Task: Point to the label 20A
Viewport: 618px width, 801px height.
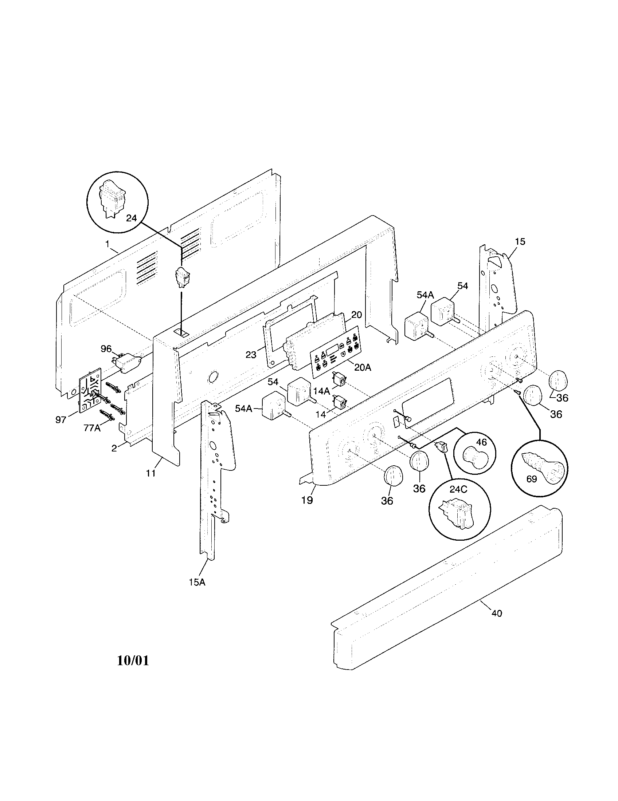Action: (x=363, y=367)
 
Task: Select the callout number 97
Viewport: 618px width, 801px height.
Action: (x=61, y=419)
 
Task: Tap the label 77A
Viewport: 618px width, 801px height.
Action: (x=92, y=428)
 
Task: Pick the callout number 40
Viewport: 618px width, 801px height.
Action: (x=497, y=613)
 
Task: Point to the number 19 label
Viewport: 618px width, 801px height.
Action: (x=307, y=500)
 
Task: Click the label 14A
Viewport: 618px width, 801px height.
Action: (x=322, y=391)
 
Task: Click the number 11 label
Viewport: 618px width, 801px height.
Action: (x=151, y=473)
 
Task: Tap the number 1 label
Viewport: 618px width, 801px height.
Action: (x=107, y=243)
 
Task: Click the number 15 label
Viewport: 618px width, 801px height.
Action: (x=520, y=241)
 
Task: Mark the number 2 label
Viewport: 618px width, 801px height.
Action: (x=114, y=448)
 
